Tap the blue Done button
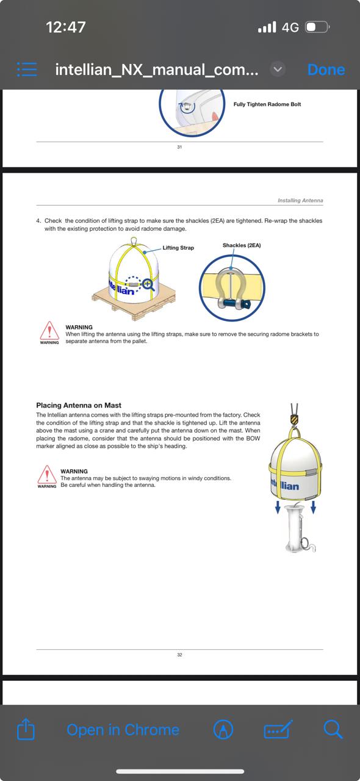[326, 70]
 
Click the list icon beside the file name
[27, 70]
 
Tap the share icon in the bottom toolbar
[26, 729]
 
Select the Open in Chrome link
[123, 730]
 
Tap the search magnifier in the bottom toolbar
[333, 729]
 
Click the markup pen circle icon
[223, 729]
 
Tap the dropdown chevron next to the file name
[278, 70]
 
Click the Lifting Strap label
[178, 248]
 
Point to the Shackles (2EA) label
[242, 245]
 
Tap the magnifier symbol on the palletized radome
[148, 285]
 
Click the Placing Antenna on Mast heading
[79, 405]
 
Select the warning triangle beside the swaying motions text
[47, 475]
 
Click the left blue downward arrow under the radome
[278, 507]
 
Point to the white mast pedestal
[297, 529]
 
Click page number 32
[179, 655]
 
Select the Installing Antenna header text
[300, 201]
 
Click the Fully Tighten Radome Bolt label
[267, 104]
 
